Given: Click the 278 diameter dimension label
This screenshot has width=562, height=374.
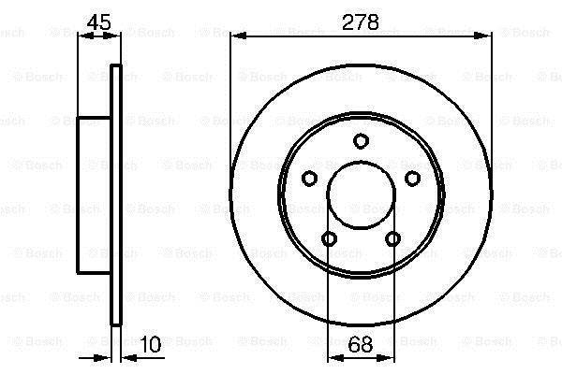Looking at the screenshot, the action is point(361,22).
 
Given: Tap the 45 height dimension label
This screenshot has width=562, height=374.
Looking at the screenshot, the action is point(99,22).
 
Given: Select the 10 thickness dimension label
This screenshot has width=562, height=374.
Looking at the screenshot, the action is point(151,344).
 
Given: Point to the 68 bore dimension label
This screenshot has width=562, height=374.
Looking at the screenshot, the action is point(361,344).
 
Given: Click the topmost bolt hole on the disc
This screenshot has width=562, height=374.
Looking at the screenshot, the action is point(361,140).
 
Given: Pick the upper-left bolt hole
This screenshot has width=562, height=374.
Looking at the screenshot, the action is point(309,178).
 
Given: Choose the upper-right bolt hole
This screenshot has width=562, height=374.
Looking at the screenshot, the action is point(412,178).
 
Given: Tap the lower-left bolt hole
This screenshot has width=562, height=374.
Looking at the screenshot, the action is point(329,238).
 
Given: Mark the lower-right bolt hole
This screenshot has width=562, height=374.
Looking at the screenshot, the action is point(392,238).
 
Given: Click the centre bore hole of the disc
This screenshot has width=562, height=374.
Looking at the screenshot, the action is point(361,195).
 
